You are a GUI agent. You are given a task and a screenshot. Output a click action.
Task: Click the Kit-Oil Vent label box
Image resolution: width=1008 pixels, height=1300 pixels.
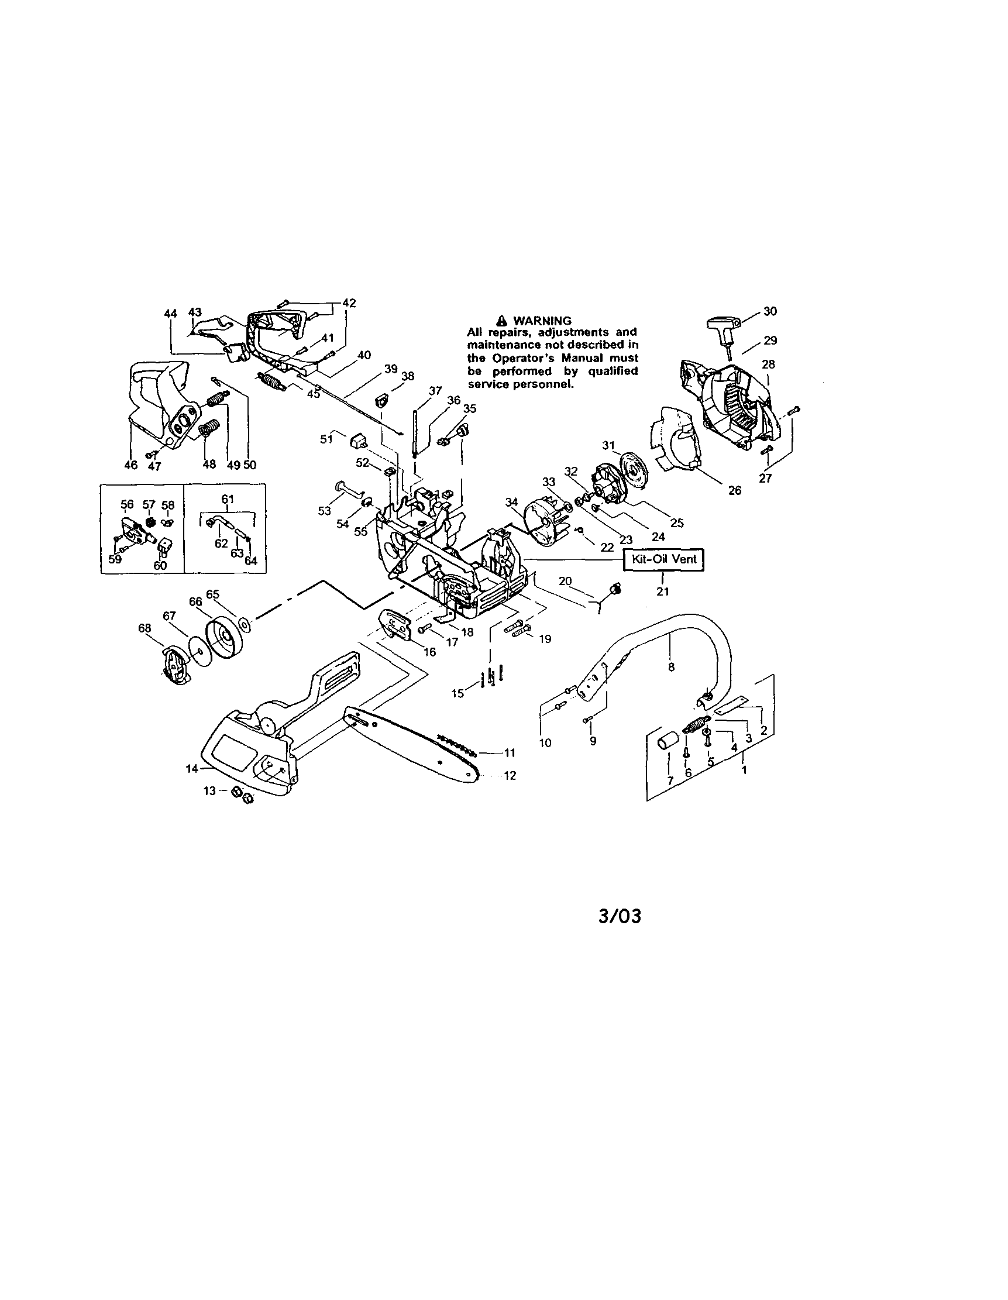click(x=663, y=559)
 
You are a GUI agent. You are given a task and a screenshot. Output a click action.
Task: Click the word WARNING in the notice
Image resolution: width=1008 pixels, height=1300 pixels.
click(x=542, y=321)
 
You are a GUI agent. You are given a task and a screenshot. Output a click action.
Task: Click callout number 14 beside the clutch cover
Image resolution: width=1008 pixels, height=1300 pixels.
click(x=191, y=768)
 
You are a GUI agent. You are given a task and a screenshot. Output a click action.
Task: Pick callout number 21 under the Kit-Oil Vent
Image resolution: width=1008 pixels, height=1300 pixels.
click(x=662, y=591)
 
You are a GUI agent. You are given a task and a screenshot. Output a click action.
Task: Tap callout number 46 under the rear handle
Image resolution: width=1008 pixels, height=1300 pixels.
click(x=131, y=465)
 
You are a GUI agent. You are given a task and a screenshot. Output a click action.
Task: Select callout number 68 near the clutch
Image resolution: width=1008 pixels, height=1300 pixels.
click(x=145, y=628)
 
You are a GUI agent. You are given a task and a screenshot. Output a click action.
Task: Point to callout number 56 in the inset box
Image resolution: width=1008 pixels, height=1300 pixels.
click(x=127, y=505)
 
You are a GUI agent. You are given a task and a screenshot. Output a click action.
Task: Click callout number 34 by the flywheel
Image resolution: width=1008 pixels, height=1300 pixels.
click(x=512, y=503)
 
